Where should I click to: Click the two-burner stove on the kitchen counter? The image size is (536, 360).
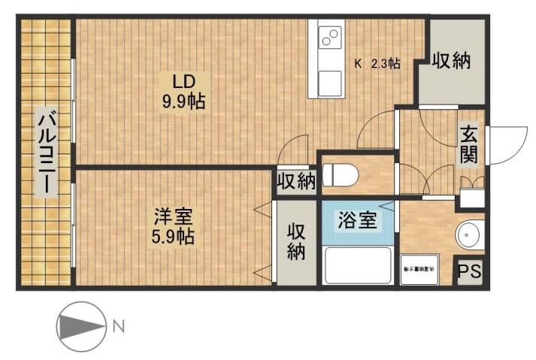coord(329,35)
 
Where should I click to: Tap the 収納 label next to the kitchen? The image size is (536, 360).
coord(451,62)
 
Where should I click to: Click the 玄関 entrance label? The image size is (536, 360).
coord(469,145)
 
